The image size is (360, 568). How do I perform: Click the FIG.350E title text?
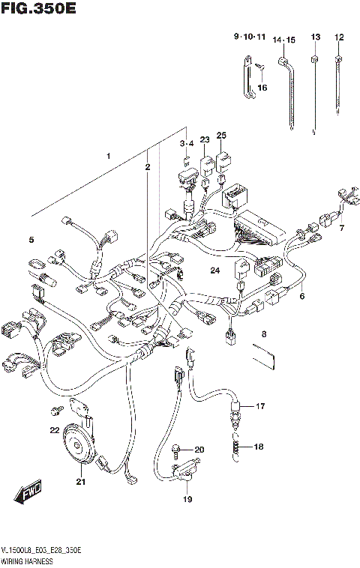[x=39, y=10]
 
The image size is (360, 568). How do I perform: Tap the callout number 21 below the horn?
[x=80, y=482]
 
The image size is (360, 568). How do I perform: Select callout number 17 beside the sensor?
[x=259, y=406]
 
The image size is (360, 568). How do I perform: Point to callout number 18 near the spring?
[x=259, y=447]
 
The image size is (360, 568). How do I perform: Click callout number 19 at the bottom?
[x=187, y=500]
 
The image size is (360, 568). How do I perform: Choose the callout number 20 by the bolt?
[x=199, y=450]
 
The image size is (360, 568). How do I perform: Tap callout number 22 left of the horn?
[x=54, y=430]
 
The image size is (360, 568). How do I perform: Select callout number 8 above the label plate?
[x=263, y=333]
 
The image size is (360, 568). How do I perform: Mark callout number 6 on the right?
[x=303, y=296]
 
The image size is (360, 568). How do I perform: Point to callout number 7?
[x=341, y=228]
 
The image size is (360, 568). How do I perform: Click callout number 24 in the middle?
[x=214, y=271]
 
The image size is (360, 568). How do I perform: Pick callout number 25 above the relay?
[x=221, y=135]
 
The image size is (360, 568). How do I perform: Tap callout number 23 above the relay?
[x=204, y=139]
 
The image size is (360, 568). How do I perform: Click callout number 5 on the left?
[x=31, y=240]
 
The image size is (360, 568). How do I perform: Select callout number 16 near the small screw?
[x=262, y=88]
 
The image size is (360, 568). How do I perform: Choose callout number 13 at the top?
[x=315, y=37]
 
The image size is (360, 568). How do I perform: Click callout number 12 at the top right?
[x=339, y=37]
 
